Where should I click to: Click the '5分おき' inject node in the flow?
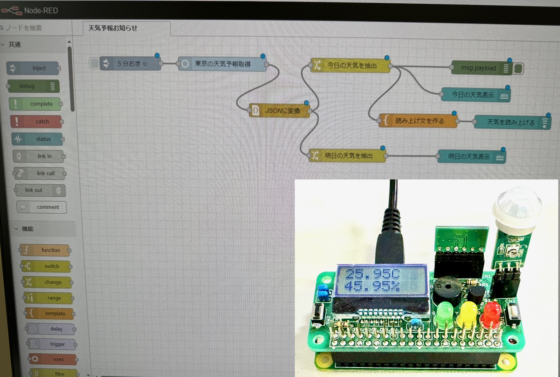click(x=131, y=64)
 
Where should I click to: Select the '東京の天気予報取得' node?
click(x=222, y=64)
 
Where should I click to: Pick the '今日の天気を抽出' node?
click(x=350, y=65)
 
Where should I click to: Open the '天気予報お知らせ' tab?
click(x=113, y=28)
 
